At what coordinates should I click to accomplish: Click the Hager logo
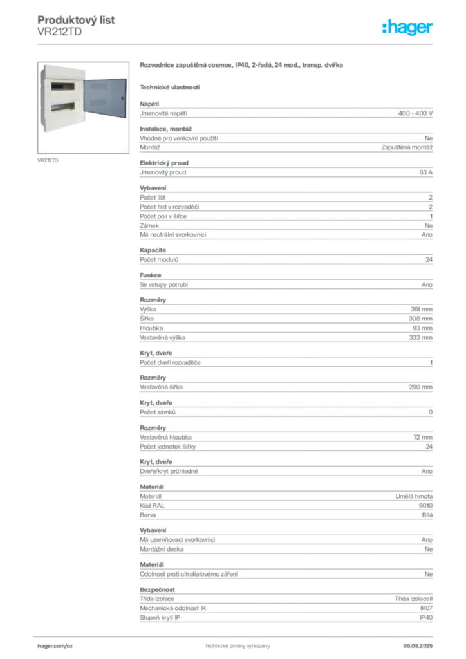pyautogui.click(x=407, y=27)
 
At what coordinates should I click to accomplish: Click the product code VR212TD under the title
pyautogui.click(x=60, y=32)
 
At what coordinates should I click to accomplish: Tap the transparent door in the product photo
pyautogui.click(x=105, y=98)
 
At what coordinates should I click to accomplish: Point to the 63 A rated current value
pyautogui.click(x=425, y=172)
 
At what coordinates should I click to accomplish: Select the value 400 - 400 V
pyautogui.click(x=415, y=113)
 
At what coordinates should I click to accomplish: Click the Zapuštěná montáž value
pyautogui.click(x=407, y=147)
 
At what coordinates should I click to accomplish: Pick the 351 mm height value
pyautogui.click(x=422, y=310)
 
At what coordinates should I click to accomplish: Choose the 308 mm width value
pyautogui.click(x=420, y=319)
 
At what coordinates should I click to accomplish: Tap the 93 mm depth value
pyautogui.click(x=422, y=328)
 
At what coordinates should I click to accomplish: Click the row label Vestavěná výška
pyautogui.click(x=163, y=337)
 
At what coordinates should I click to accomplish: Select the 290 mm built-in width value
pyautogui.click(x=420, y=387)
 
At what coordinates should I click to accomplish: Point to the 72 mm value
pyautogui.click(x=423, y=437)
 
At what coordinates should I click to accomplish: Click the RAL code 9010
pyautogui.click(x=425, y=506)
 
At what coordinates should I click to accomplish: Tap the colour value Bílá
pyautogui.click(x=427, y=515)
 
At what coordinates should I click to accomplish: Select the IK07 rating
pyautogui.click(x=426, y=608)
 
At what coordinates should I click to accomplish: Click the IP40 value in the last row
pyautogui.click(x=426, y=617)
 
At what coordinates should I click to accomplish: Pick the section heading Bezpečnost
pyautogui.click(x=157, y=589)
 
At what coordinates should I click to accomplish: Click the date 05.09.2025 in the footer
pyautogui.click(x=418, y=646)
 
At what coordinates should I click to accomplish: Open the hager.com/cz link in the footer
pyautogui.click(x=55, y=646)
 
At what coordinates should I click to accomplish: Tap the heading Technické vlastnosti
pyautogui.click(x=170, y=88)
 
